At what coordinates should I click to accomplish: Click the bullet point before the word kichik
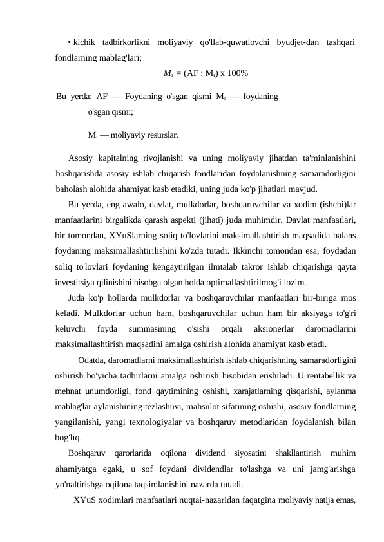[69, 42]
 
